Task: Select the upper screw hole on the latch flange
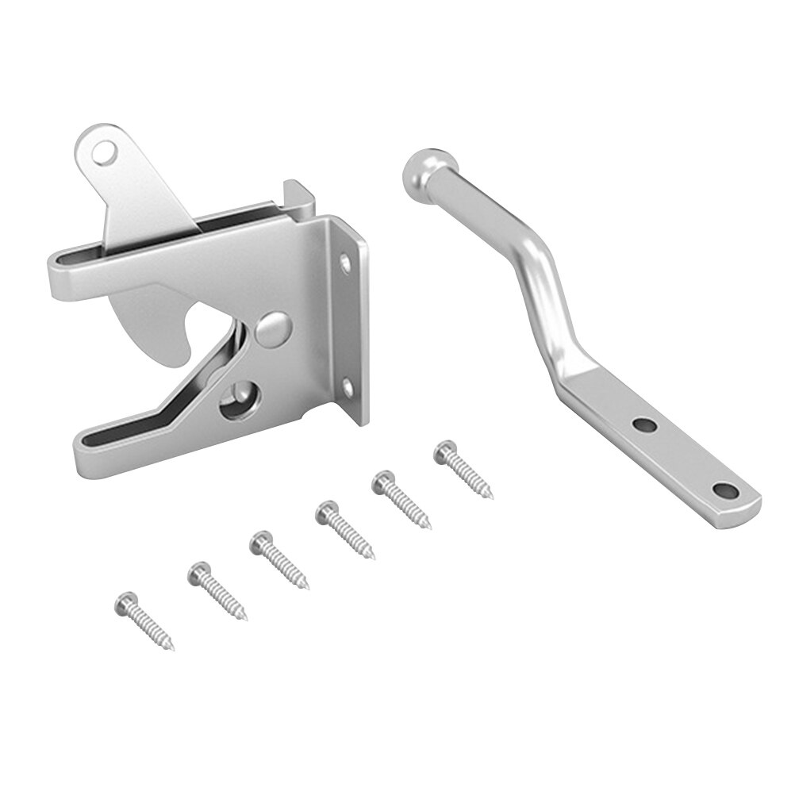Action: (346, 259)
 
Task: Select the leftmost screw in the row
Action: (145, 620)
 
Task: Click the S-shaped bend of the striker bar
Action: (540, 286)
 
